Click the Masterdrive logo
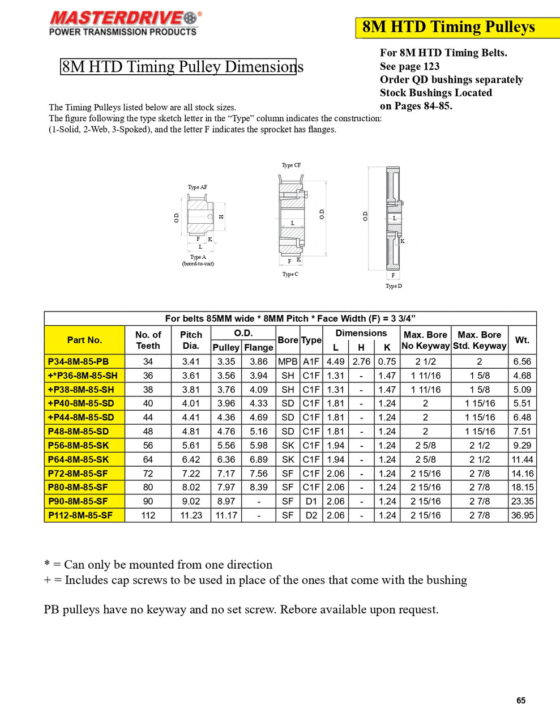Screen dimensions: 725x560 (x=124, y=23)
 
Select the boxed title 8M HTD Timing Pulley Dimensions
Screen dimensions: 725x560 (x=178, y=67)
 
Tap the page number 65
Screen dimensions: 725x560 (x=520, y=701)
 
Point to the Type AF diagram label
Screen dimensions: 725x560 (x=197, y=187)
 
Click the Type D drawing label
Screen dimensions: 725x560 (x=394, y=286)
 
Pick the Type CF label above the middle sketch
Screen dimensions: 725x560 (x=291, y=165)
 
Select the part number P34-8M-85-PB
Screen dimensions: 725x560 (x=78, y=361)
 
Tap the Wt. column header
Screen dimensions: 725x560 (x=522, y=340)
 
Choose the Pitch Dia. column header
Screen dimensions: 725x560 (x=191, y=340)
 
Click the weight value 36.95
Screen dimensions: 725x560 (x=522, y=515)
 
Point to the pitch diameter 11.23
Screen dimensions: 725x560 (x=191, y=515)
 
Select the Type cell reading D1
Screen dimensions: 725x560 (x=311, y=501)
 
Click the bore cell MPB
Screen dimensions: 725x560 (x=288, y=361)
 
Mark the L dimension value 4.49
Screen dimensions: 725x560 (x=335, y=361)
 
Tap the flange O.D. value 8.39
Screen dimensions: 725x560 (x=259, y=487)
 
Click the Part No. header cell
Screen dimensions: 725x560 (x=84, y=340)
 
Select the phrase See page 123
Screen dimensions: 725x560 (x=409, y=66)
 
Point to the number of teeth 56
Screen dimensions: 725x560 (x=148, y=445)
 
